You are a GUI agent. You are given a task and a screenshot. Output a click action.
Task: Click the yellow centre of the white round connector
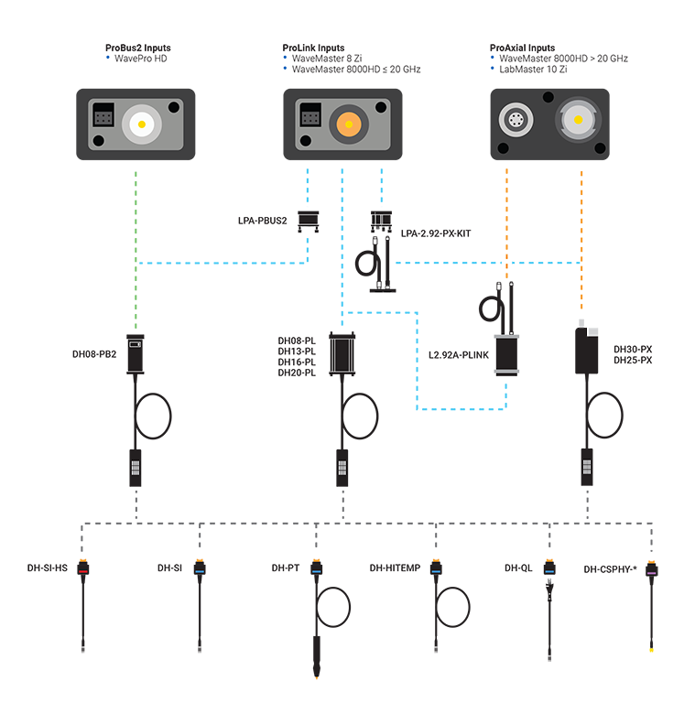click(142, 120)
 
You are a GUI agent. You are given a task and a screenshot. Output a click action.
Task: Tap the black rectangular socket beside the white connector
click(103, 118)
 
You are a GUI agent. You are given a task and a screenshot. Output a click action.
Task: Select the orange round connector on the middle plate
click(348, 122)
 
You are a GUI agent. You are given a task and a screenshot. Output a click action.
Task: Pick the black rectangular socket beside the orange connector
click(310, 118)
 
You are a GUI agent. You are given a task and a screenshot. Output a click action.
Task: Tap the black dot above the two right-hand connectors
click(548, 97)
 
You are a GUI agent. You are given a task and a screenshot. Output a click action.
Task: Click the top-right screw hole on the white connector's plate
click(174, 107)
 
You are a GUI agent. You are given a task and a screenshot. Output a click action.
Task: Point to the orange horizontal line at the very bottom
click(317, 679)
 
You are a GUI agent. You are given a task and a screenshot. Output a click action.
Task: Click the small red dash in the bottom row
click(83, 572)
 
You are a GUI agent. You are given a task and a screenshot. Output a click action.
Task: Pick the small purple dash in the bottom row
click(651, 572)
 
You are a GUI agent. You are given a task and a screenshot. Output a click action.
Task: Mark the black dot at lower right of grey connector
click(600, 147)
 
